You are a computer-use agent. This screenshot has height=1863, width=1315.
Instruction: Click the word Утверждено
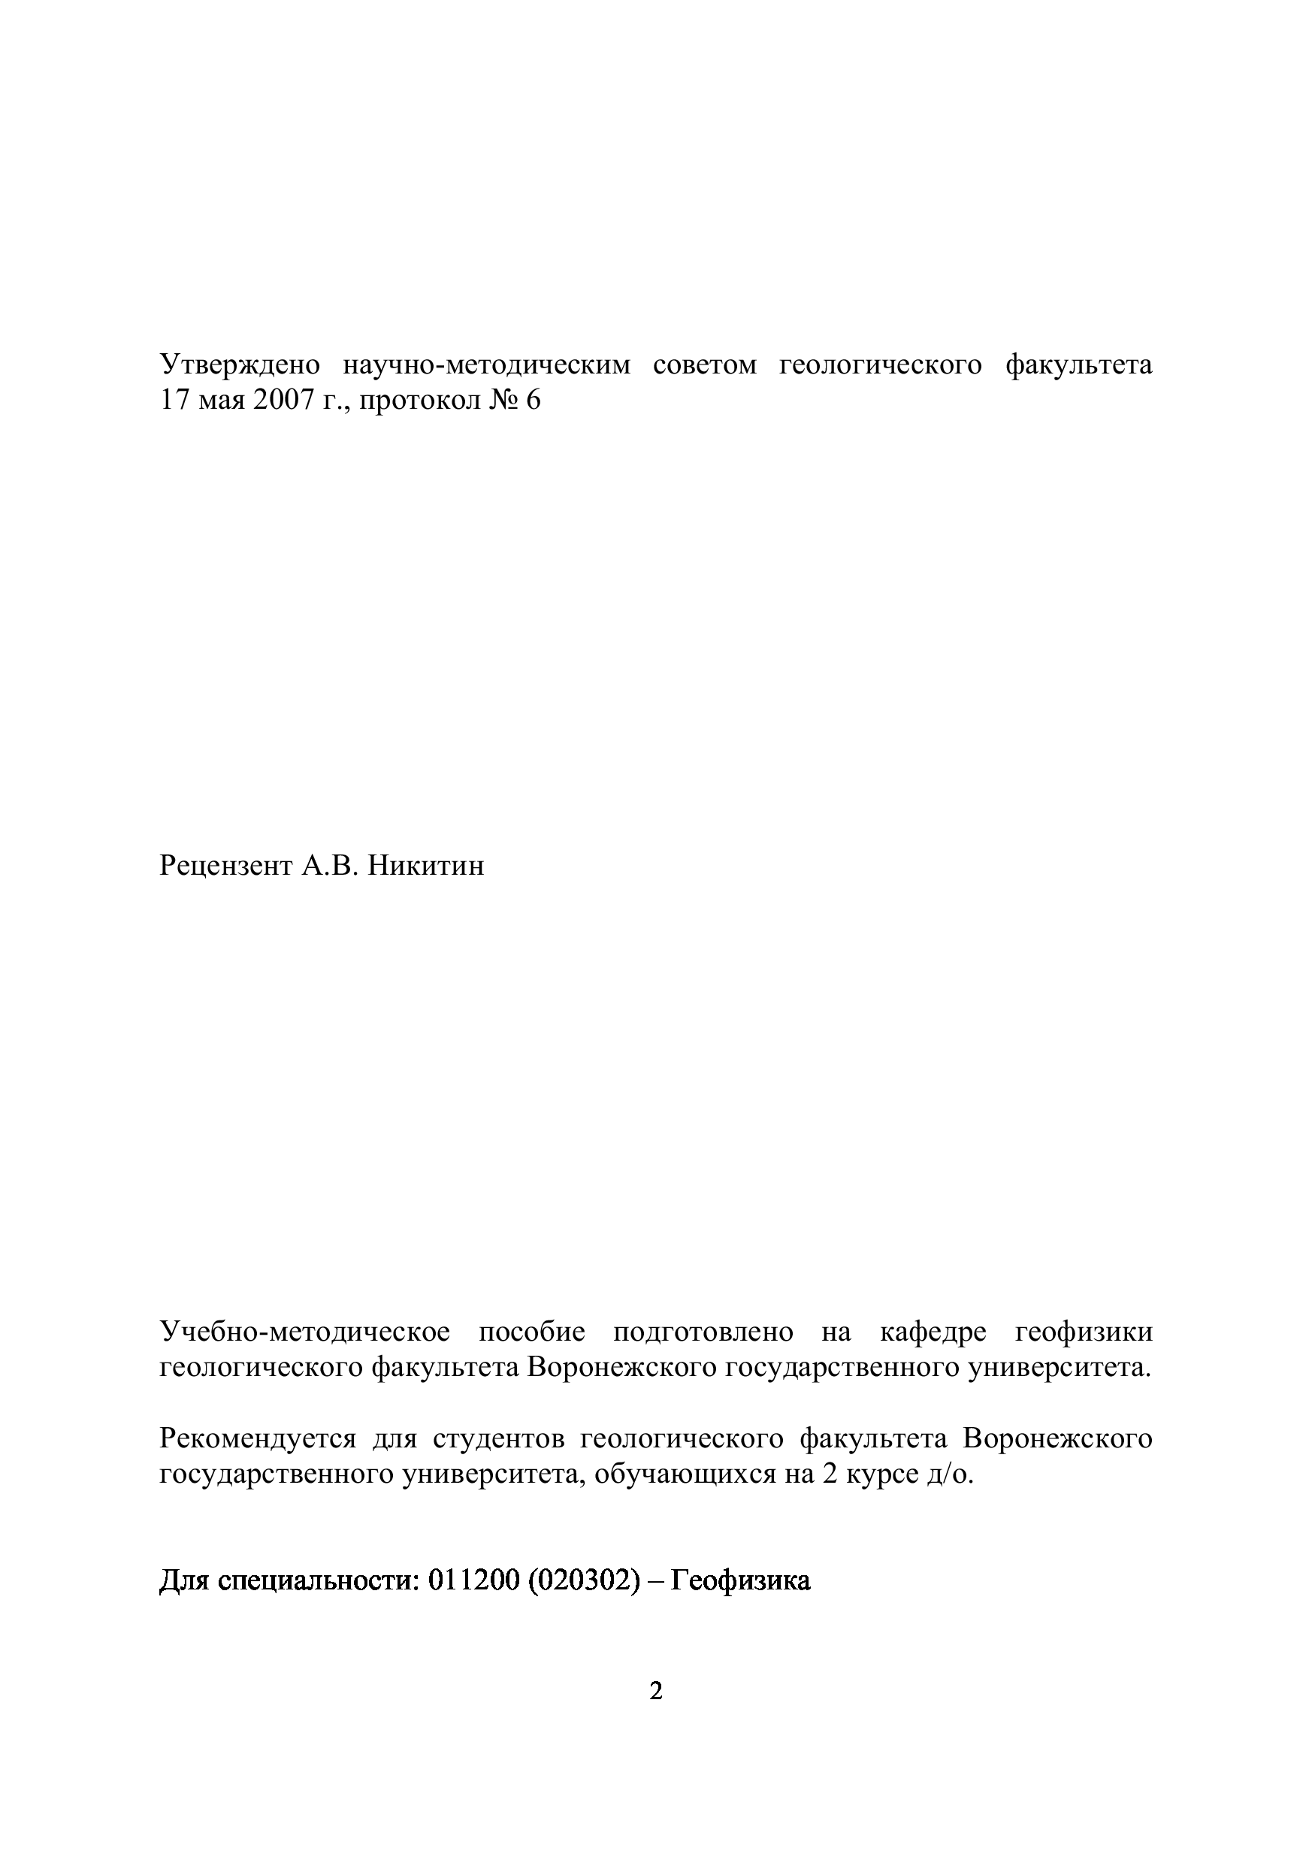click(x=239, y=366)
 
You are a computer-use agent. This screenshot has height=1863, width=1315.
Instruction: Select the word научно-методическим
click(x=486, y=366)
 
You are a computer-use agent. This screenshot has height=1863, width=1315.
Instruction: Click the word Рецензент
click(x=226, y=866)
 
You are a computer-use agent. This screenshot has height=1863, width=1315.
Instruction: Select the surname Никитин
click(x=426, y=866)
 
